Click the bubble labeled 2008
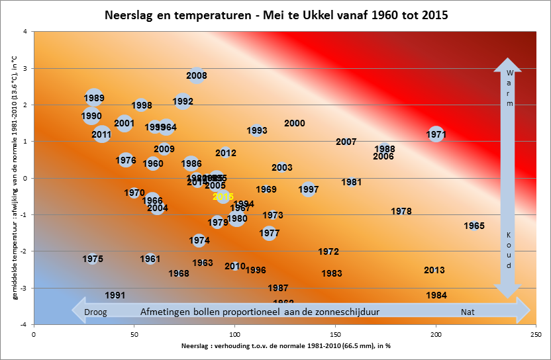point(197,76)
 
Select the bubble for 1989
point(94,99)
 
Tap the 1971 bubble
point(436,134)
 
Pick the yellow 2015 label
point(223,197)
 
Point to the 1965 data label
point(474,226)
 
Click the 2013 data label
point(434,270)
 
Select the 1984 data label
point(436,295)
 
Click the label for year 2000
point(295,123)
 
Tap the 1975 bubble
point(93,259)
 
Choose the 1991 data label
point(115,295)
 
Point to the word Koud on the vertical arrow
point(509,249)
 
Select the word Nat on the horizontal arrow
point(469,310)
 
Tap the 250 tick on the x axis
point(536,335)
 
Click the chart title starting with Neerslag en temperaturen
point(275,15)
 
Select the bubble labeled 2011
point(101,134)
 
